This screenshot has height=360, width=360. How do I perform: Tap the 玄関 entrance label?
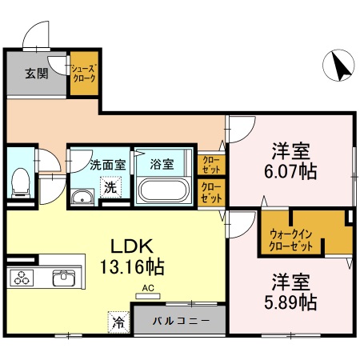[35, 74]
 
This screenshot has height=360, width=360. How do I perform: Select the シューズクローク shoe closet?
[83, 74]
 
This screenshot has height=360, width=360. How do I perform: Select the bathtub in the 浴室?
[163, 191]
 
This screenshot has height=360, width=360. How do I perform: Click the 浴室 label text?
[162, 165]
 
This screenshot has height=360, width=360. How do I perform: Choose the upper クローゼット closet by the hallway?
[212, 164]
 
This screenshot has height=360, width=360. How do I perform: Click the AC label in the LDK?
[148, 288]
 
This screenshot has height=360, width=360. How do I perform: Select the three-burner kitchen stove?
[22, 278]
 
